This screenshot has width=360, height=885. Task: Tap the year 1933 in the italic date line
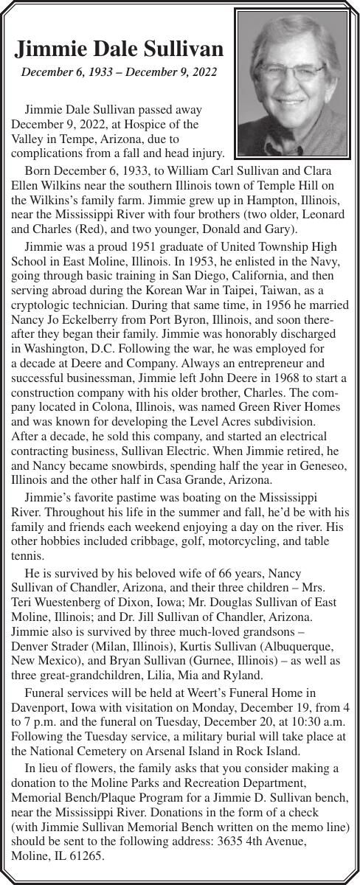point(94,72)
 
